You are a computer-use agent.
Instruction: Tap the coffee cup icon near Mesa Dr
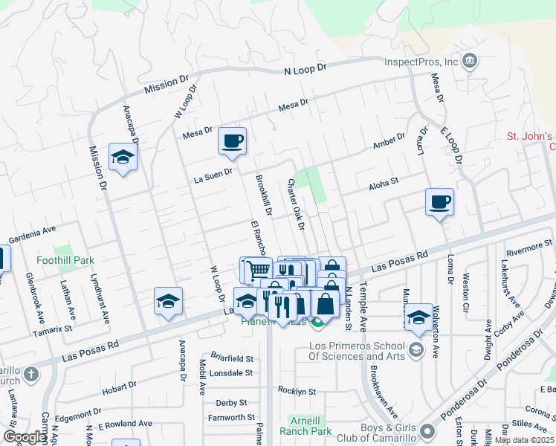pos(232,140)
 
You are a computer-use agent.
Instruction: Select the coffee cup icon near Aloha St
pos(439,201)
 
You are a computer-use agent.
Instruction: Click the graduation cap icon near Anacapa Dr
pos(123,157)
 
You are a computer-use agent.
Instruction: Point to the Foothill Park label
pos(65,261)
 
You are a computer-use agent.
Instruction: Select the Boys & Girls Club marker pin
pos(427,431)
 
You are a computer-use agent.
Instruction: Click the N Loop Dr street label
pos(306,68)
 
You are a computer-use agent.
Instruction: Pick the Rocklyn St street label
pos(297,390)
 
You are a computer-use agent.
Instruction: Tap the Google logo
pos(25,437)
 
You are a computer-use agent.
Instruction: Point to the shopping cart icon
pos(257,269)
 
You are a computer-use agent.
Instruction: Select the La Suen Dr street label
pos(213,175)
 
